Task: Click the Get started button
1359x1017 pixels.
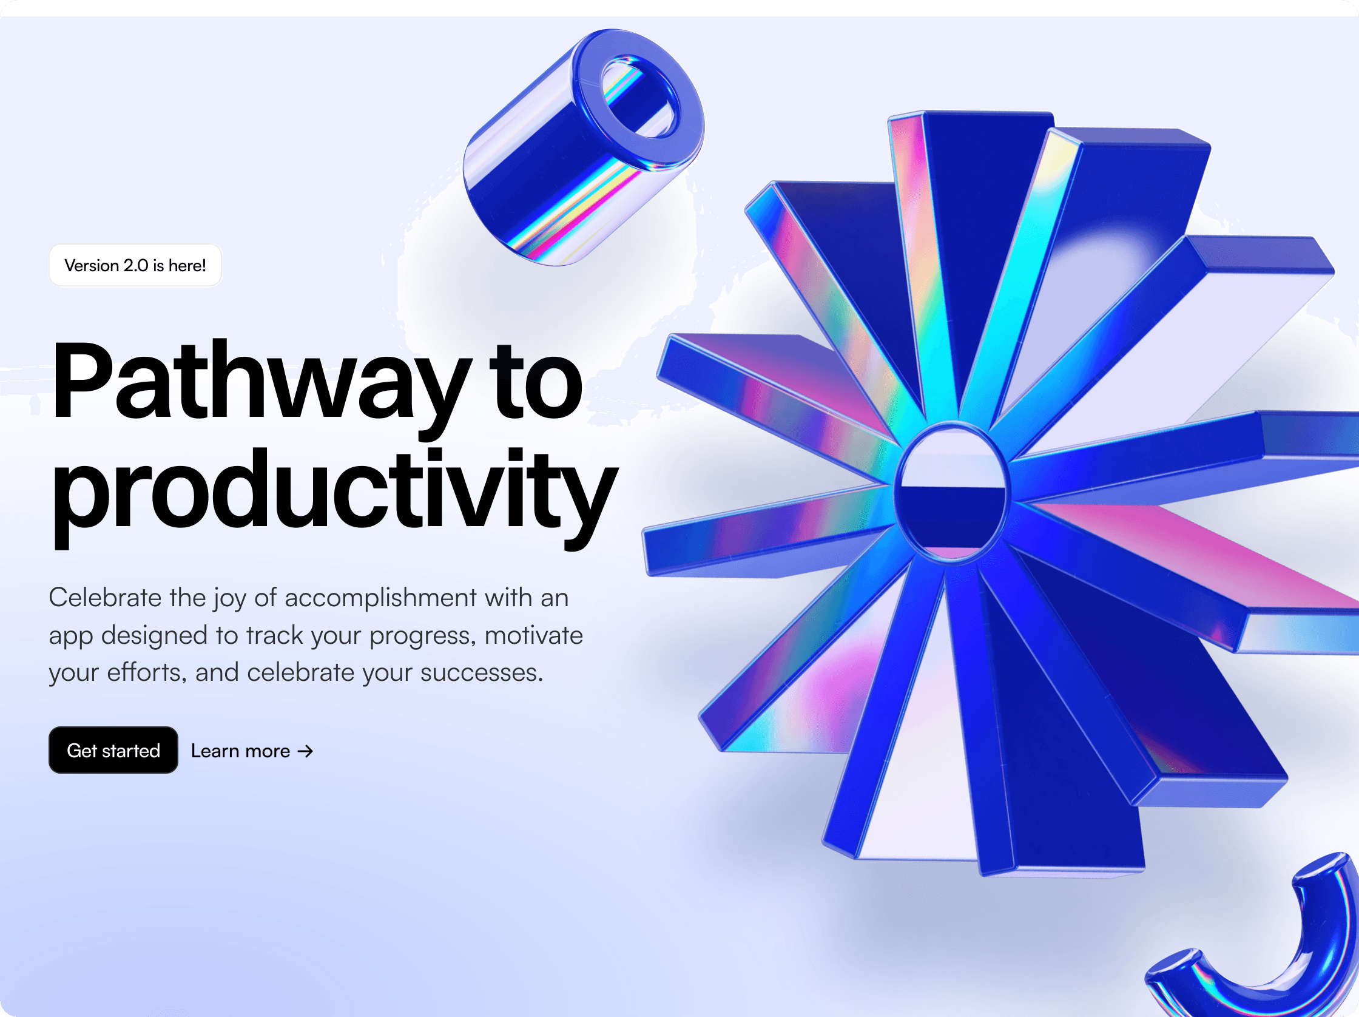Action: pyautogui.click(x=113, y=750)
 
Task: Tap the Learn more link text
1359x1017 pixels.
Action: pyautogui.click(x=240, y=751)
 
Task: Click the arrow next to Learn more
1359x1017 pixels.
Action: pyautogui.click(x=305, y=751)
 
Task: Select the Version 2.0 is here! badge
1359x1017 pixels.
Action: pyautogui.click(x=135, y=265)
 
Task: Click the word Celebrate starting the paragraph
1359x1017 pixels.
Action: pyautogui.click(x=105, y=597)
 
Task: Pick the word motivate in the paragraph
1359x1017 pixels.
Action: pyautogui.click(x=533, y=635)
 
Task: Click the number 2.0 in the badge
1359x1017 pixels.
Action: pyautogui.click(x=136, y=265)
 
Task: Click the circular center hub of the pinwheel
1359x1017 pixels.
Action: pyautogui.click(x=950, y=492)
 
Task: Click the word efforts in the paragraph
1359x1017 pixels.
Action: pyautogui.click(x=146, y=673)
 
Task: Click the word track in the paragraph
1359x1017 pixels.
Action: pyautogui.click(x=275, y=635)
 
